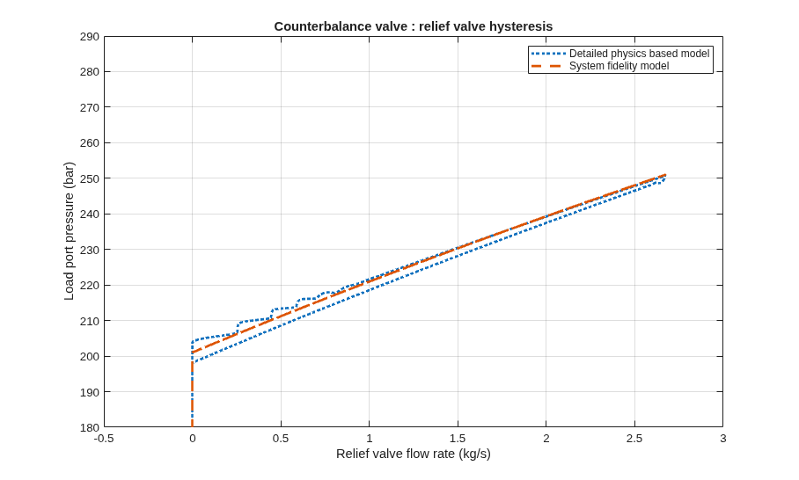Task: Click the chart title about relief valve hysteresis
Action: point(414,26)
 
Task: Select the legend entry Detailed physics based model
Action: point(639,54)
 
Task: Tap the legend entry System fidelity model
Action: point(619,66)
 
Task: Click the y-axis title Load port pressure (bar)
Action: point(69,231)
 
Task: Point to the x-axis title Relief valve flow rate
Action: point(414,454)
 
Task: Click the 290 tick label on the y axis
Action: point(89,37)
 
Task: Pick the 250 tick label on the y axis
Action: point(89,178)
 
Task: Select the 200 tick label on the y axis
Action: point(89,356)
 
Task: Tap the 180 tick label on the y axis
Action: point(89,427)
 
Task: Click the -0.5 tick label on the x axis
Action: point(104,439)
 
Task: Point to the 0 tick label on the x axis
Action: point(192,439)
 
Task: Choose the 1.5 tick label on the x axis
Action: point(458,439)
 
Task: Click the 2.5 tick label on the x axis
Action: point(634,439)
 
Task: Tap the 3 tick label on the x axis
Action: point(722,439)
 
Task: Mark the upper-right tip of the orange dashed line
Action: point(665,175)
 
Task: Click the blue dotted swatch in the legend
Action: point(548,54)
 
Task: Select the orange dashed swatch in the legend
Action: point(548,66)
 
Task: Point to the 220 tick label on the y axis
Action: point(89,286)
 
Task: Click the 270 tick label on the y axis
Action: point(89,107)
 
